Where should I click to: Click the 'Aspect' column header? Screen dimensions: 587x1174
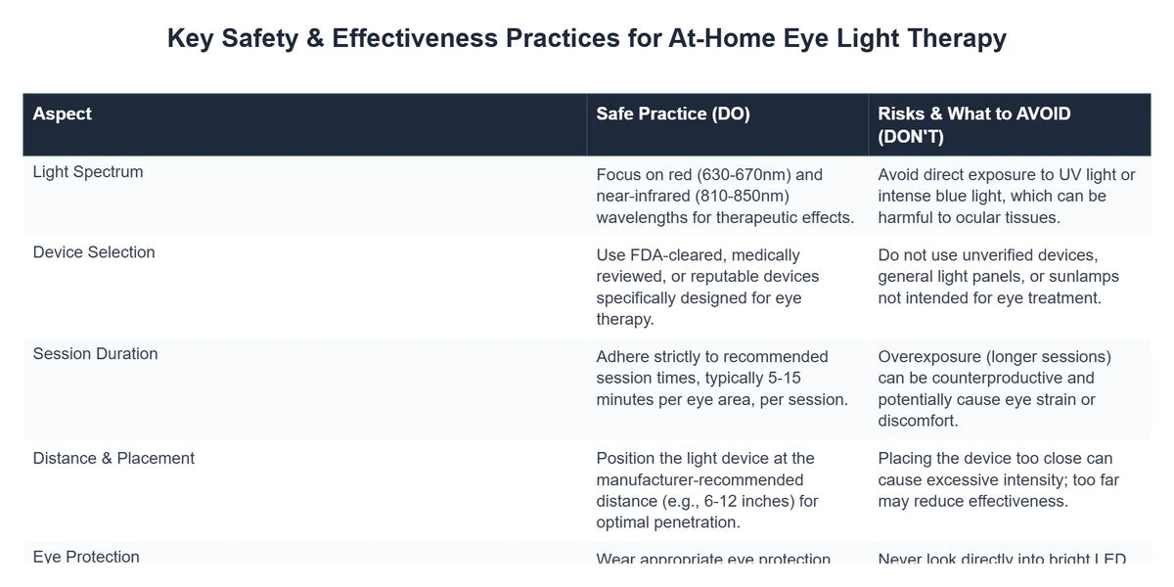point(62,113)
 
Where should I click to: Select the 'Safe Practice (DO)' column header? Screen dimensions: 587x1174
point(673,113)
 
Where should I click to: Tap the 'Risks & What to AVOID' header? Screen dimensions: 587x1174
point(974,113)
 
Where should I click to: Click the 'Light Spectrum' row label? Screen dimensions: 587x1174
point(88,172)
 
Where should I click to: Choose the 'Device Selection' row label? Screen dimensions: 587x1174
point(94,252)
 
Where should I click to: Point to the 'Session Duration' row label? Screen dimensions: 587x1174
point(95,354)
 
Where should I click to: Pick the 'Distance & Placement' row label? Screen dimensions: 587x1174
point(113,458)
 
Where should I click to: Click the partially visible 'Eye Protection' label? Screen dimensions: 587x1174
point(86,558)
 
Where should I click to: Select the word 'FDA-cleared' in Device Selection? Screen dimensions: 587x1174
point(676,255)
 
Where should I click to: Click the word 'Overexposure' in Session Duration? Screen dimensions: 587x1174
point(932,357)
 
